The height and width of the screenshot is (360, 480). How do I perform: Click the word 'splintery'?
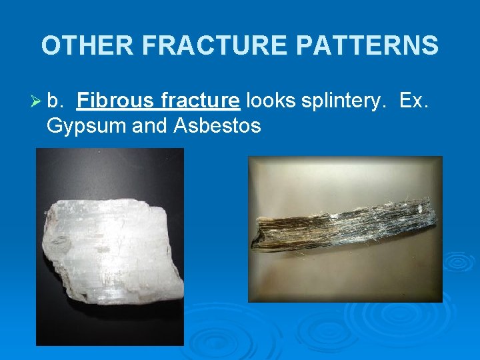(x=344, y=101)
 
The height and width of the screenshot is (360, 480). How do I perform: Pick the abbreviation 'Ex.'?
(x=417, y=101)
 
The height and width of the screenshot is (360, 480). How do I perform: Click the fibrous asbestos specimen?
(x=343, y=227)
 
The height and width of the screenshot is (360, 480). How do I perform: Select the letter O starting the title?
(x=51, y=46)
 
